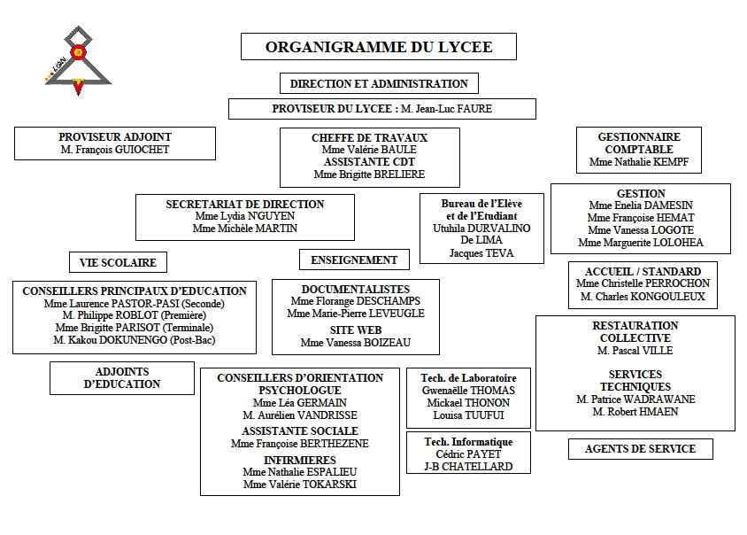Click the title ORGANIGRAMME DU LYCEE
tap(379, 47)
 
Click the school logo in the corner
tap(79, 59)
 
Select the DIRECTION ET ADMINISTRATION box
tap(379, 84)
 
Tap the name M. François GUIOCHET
tap(115, 150)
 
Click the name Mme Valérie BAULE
tap(369, 150)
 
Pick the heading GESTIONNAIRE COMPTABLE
tap(639, 143)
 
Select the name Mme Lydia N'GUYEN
tap(245, 216)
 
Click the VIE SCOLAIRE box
tap(119, 262)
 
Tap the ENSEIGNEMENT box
tap(354, 260)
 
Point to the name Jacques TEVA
tap(481, 253)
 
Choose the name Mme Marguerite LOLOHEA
tap(641, 243)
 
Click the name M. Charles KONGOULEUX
tap(643, 297)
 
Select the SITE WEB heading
tap(356, 330)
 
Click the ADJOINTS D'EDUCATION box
tap(122, 378)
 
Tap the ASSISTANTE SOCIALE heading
tap(300, 430)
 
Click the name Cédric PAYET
tap(468, 454)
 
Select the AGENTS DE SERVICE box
tap(640, 449)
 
